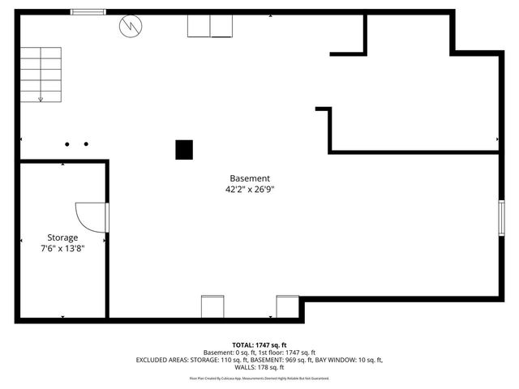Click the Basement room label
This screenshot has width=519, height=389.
249,178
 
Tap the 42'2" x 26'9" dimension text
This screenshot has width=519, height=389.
249,190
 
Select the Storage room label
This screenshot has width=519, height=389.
62,237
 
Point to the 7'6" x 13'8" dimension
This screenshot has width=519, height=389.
62,249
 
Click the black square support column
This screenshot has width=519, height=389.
185,149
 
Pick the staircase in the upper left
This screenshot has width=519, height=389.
41,74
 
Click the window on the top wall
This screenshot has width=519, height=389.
87,12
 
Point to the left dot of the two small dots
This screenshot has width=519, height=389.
68,144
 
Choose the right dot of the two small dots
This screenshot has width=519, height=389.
86,144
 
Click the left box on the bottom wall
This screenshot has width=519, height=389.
212,306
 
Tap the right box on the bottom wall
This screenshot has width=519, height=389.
287,306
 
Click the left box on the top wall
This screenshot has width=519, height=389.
199,27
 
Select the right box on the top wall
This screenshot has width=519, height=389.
222,27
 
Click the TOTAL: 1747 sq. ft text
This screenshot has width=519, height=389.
259,344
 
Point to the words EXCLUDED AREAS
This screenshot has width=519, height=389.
161,360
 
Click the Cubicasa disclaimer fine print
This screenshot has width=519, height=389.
259,378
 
